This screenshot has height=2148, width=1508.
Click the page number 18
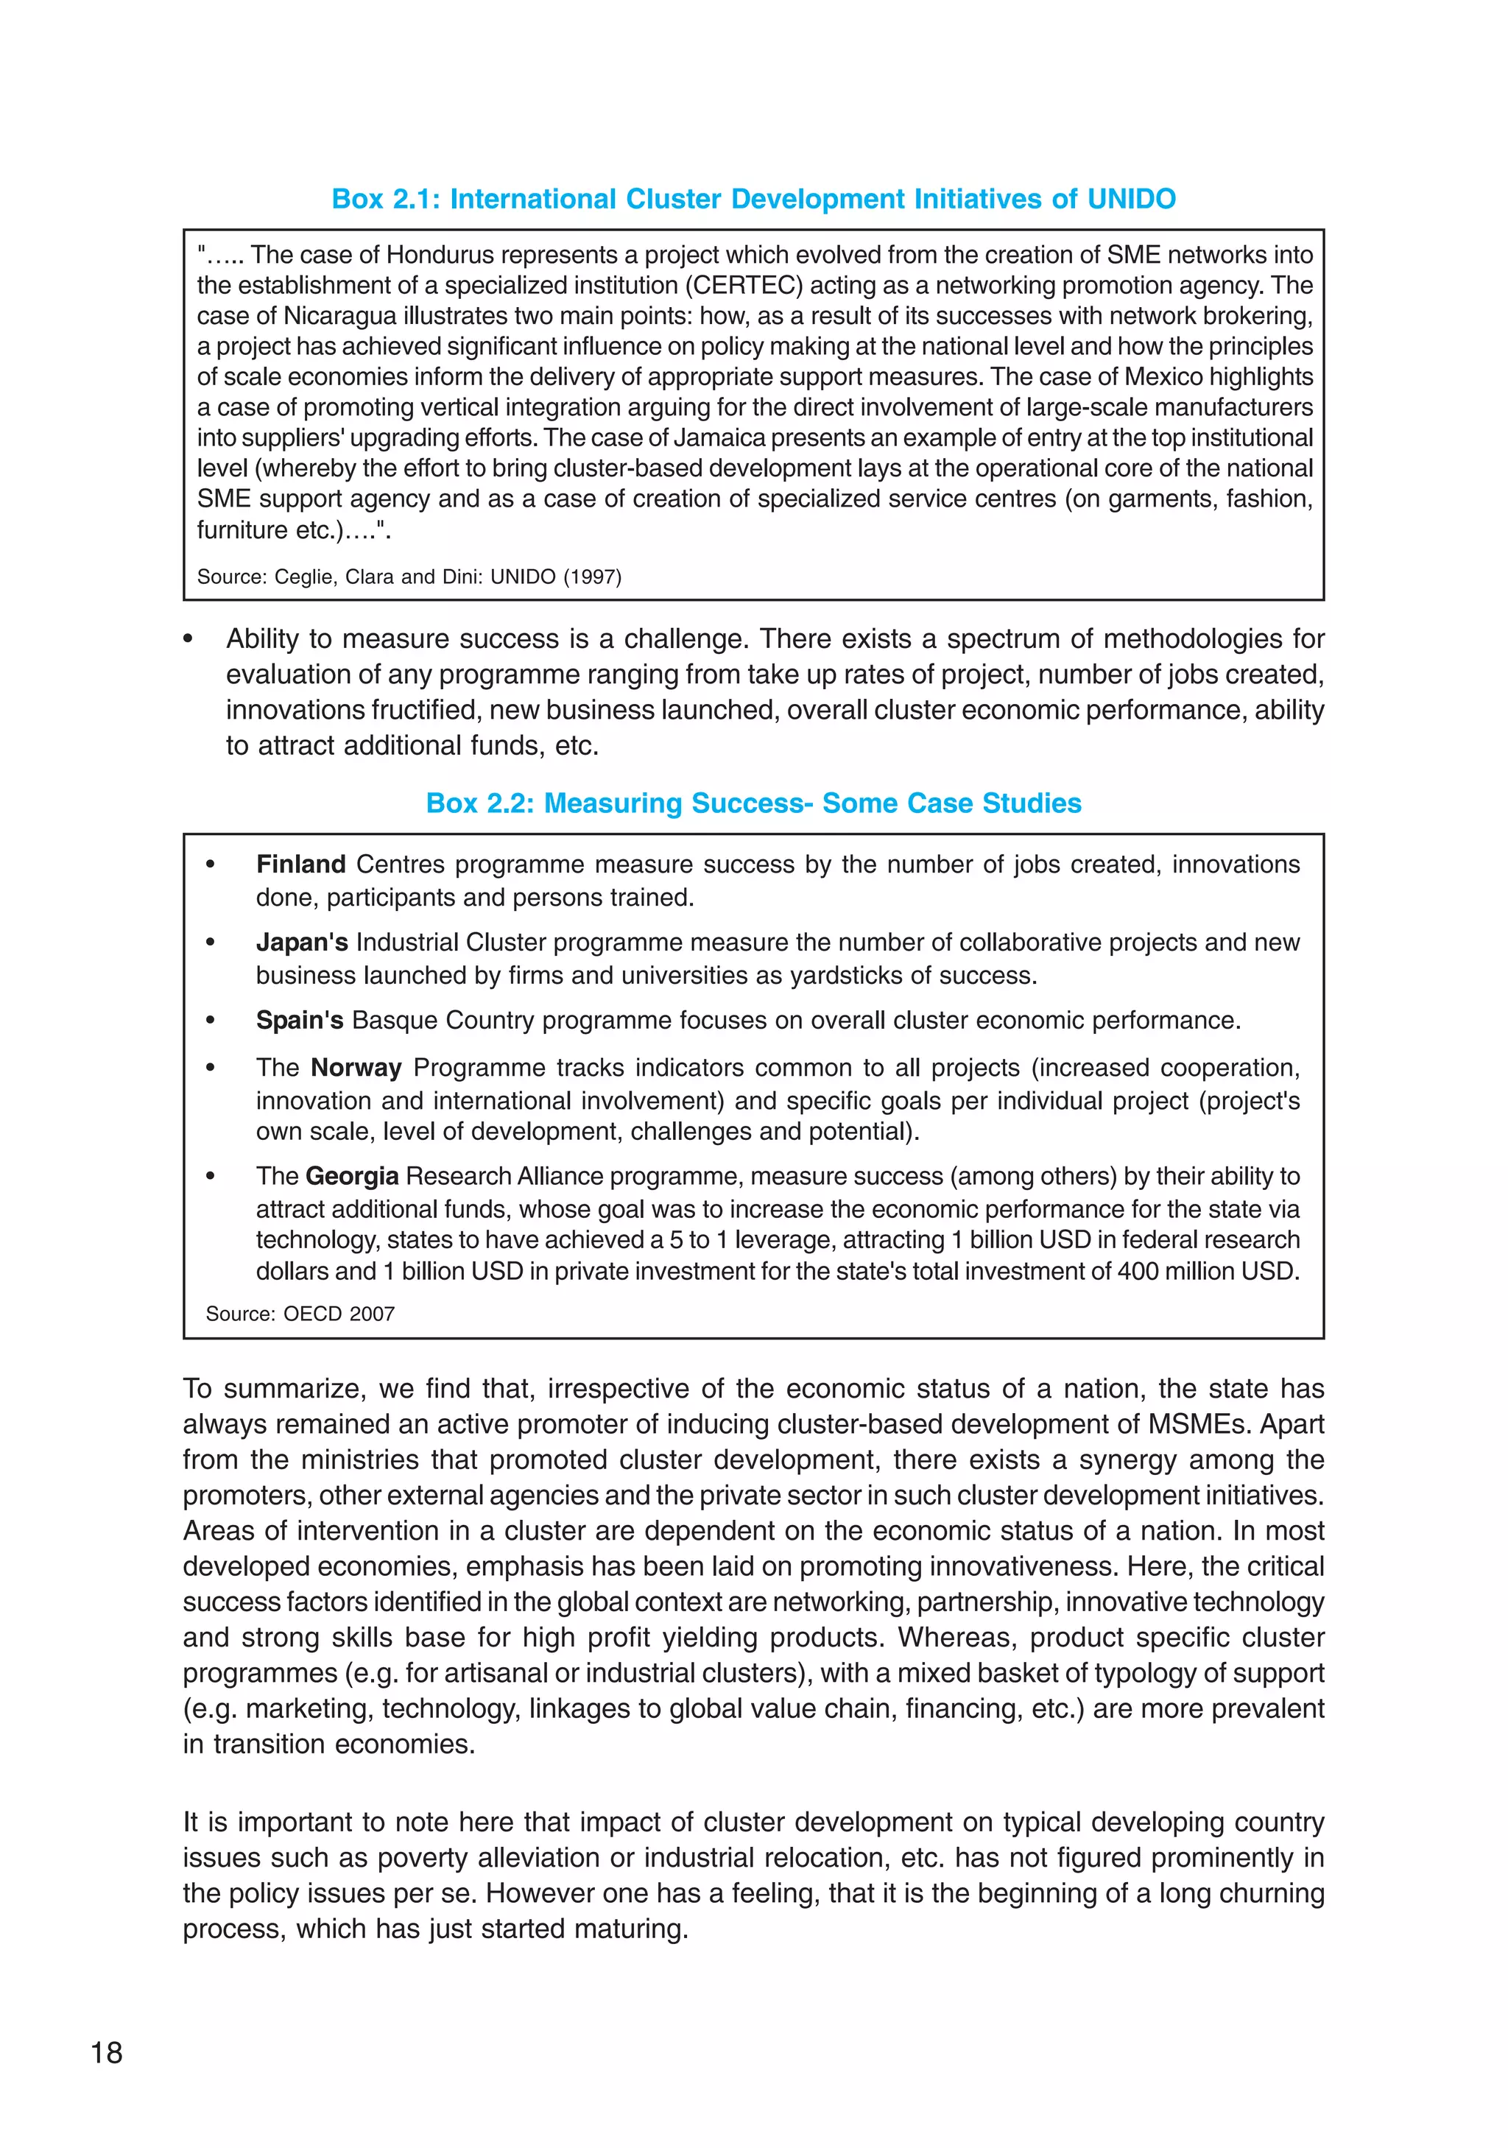tap(107, 2052)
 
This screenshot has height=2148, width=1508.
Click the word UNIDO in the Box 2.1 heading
tap(1130, 200)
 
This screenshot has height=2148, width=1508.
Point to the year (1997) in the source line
tap(592, 577)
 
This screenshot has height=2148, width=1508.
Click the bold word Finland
tap(300, 864)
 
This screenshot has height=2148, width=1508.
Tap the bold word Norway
tap(356, 1068)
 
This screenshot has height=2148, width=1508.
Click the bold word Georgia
tap(352, 1176)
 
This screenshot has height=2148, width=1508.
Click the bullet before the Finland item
tap(211, 865)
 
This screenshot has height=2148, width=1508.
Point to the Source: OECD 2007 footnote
tap(300, 1314)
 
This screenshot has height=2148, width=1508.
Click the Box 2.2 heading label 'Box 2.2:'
tap(479, 803)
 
